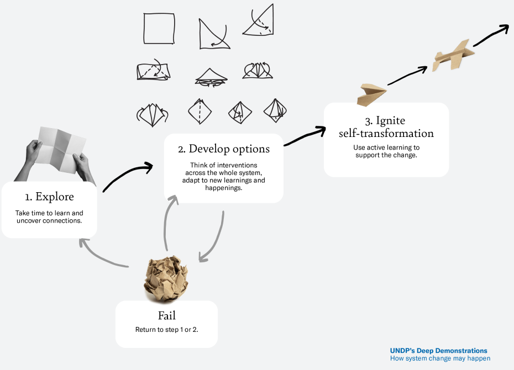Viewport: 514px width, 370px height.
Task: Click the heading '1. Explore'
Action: (x=50, y=197)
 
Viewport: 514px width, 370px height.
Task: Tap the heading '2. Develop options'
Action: (x=224, y=149)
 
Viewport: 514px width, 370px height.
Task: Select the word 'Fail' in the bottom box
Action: (x=167, y=315)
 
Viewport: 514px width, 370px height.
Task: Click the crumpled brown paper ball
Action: (x=166, y=279)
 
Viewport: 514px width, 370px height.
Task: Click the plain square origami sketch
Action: (x=159, y=29)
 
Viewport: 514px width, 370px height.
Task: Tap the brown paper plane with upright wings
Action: (x=453, y=56)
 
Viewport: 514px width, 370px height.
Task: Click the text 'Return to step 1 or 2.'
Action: (x=167, y=330)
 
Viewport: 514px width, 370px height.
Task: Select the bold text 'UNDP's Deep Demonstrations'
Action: (x=439, y=351)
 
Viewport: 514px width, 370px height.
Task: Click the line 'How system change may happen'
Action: (x=440, y=358)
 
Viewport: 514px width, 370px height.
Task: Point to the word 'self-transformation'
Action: (x=386, y=134)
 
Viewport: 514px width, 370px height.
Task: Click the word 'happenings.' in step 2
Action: (x=224, y=188)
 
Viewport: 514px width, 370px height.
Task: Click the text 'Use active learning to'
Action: (x=386, y=147)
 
